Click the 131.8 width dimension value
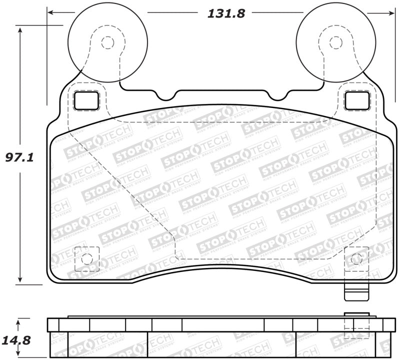coord(226,13)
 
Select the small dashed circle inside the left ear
coord(107,42)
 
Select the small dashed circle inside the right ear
coord(333,42)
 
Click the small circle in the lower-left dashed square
coord(86,258)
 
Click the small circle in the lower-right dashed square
coord(356,258)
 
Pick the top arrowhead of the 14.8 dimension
coord(20,320)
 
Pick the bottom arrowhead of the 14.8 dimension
coord(20,356)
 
